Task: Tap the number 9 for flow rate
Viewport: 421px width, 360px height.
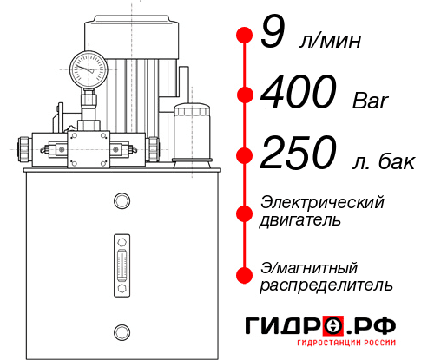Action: pos(273,36)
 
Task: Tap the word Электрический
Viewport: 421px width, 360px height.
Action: pos(322,202)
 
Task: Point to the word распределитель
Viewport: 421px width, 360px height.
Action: pos(326,285)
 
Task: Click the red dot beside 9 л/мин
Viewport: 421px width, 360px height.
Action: pos(245,35)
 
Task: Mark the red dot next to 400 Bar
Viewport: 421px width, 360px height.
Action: pos(245,94)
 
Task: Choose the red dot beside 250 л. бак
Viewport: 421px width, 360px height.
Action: pos(245,154)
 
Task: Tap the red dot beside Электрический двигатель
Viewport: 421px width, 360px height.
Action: pos(245,211)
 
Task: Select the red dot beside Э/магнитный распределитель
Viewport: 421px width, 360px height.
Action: pos(245,275)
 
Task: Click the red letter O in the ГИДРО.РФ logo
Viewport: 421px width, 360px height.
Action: pos(333,327)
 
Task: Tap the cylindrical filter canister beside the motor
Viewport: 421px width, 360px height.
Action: pos(191,131)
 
